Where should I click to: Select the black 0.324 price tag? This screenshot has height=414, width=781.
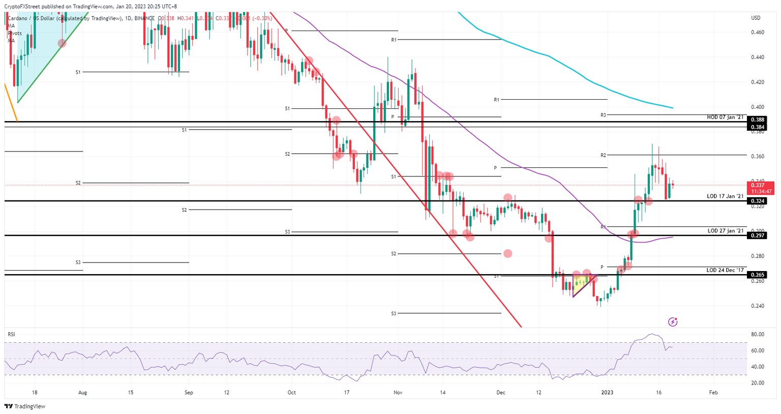[x=758, y=201]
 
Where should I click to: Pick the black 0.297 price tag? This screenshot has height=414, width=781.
[x=758, y=235]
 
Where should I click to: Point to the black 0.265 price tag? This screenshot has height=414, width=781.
[x=758, y=275]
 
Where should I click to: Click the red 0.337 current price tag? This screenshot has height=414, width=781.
[x=761, y=185]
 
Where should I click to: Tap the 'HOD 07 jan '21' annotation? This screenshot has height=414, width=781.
[x=725, y=117]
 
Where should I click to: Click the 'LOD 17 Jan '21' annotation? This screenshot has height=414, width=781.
[x=725, y=196]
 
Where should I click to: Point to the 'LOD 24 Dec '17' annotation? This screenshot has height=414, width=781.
[x=725, y=270]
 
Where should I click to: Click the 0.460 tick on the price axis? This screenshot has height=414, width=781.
[x=758, y=32]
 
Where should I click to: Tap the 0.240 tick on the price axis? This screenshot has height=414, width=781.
[x=758, y=306]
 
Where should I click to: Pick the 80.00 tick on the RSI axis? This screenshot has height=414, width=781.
[x=758, y=335]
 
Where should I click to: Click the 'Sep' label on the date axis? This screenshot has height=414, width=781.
[x=189, y=393]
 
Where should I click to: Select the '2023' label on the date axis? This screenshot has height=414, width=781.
[x=607, y=393]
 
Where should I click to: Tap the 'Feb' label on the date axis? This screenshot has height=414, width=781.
[x=713, y=393]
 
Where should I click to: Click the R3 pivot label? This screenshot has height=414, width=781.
[x=603, y=115]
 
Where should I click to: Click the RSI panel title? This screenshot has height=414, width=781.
[x=11, y=334]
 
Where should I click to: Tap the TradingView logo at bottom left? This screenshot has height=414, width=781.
[x=25, y=406]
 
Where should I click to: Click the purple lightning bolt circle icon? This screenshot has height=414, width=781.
[x=673, y=322]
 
